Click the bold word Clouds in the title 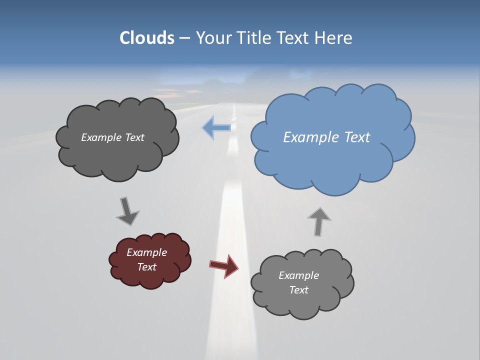click(x=146, y=38)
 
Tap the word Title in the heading click(x=254, y=38)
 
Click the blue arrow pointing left click(x=217, y=127)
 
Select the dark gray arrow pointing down click(x=127, y=211)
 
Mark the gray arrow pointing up click(x=319, y=221)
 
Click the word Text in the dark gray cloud click(x=134, y=137)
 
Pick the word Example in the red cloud click(x=146, y=252)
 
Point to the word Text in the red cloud click(x=146, y=267)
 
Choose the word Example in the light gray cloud click(x=298, y=275)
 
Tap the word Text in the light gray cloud click(x=298, y=290)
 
